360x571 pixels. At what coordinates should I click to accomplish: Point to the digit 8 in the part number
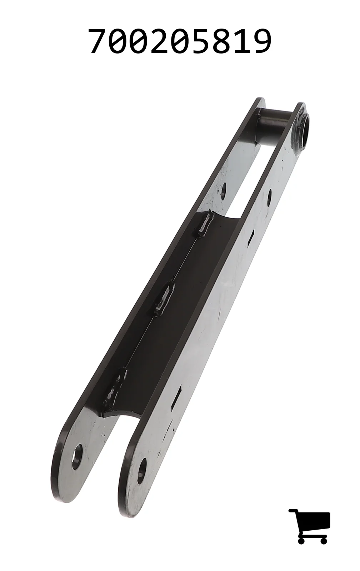(221, 41)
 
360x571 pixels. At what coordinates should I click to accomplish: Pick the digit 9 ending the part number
(262, 41)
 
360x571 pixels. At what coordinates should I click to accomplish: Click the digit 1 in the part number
(242, 41)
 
